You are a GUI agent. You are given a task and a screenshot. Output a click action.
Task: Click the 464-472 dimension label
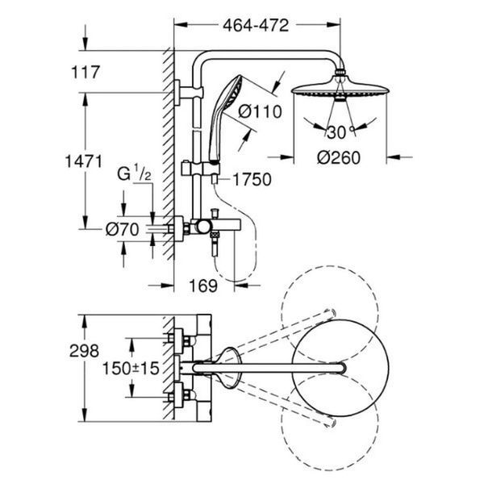pos(256,25)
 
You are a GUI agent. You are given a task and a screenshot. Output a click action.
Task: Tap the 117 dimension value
pos(86,73)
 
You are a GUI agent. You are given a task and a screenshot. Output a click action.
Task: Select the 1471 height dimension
pos(84,161)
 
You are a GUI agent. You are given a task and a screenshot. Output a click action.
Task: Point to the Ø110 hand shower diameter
pos(261,111)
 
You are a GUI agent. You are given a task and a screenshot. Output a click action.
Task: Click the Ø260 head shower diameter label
pos(339,158)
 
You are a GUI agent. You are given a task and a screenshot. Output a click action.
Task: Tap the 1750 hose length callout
pos(252,180)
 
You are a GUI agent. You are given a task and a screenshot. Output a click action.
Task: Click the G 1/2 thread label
pos(134,173)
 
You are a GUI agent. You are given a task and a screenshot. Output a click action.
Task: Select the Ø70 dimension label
pos(123,230)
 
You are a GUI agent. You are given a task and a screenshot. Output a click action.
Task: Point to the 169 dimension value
pos(203,286)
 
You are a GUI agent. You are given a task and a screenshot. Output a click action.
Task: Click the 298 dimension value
pos(84,351)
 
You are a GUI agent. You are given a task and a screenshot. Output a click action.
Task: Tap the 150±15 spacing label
pos(131,369)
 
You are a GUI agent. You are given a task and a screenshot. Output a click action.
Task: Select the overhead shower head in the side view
pos(340,87)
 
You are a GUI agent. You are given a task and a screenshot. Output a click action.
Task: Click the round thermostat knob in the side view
pos(204,227)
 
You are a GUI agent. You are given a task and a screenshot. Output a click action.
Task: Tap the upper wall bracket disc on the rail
pos(177,93)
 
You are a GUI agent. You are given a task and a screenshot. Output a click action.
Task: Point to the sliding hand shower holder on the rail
pos(201,169)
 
